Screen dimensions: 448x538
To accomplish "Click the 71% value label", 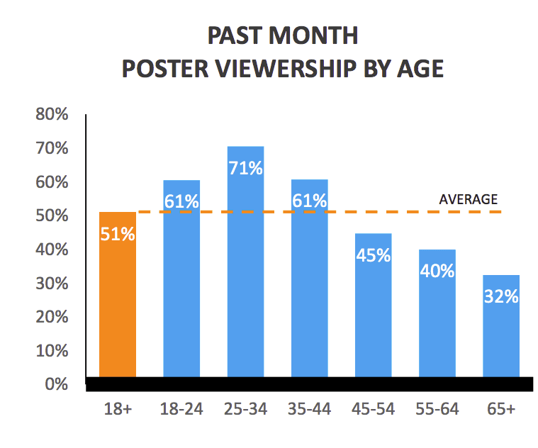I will pos(245,169).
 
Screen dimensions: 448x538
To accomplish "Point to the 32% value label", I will pos(501,296).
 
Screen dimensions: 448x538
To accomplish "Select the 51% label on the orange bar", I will pos(118,234).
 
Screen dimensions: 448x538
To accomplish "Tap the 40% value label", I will pos(437,270).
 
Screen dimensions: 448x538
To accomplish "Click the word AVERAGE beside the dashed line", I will pos(469,199).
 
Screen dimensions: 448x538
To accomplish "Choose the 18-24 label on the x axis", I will pos(181,410).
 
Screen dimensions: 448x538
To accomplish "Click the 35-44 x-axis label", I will pos(309,410).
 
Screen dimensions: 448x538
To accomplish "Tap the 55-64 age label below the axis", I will pos(437,410).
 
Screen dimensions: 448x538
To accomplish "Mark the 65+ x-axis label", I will pos(501,410).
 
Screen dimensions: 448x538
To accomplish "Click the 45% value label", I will pos(373,255).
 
